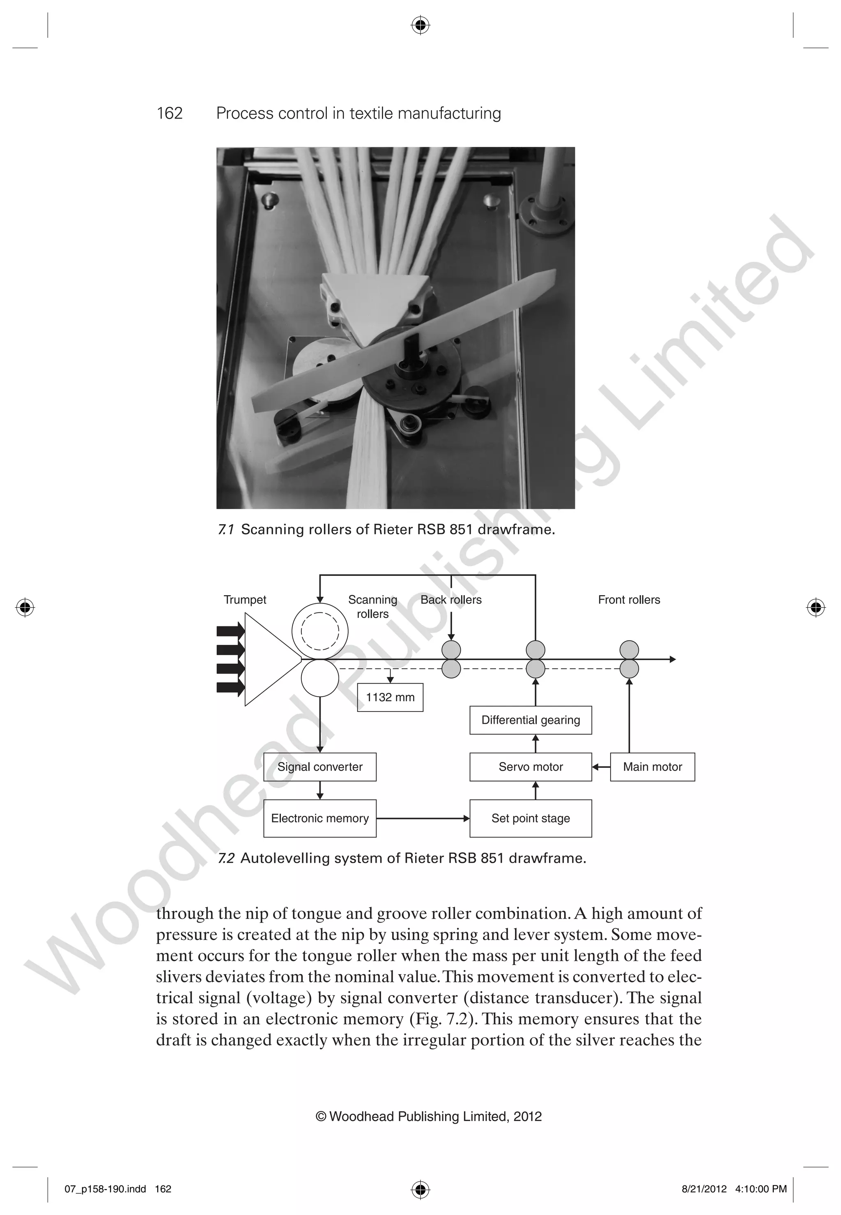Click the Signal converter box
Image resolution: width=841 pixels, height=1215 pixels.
click(320, 767)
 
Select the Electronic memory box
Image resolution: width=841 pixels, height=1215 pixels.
click(320, 818)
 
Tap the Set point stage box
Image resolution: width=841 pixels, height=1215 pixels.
click(531, 818)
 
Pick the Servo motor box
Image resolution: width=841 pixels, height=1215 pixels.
click(531, 767)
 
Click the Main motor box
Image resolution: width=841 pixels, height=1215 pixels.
click(653, 767)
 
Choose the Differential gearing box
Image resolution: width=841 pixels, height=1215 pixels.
click(531, 720)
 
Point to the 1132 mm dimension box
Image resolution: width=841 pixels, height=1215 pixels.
click(390, 697)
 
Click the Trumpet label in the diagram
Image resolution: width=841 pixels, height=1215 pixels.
click(245, 600)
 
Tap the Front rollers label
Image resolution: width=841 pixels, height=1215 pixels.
click(629, 600)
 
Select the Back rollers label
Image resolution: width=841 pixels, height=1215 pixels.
click(451, 600)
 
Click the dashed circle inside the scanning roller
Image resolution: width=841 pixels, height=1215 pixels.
click(320, 631)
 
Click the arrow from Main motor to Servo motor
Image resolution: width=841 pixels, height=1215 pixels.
click(601, 767)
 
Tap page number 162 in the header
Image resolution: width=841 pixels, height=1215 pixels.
click(170, 113)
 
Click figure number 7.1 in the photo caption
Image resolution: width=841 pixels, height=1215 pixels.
click(226, 529)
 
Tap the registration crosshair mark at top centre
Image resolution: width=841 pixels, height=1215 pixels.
click(420, 25)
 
